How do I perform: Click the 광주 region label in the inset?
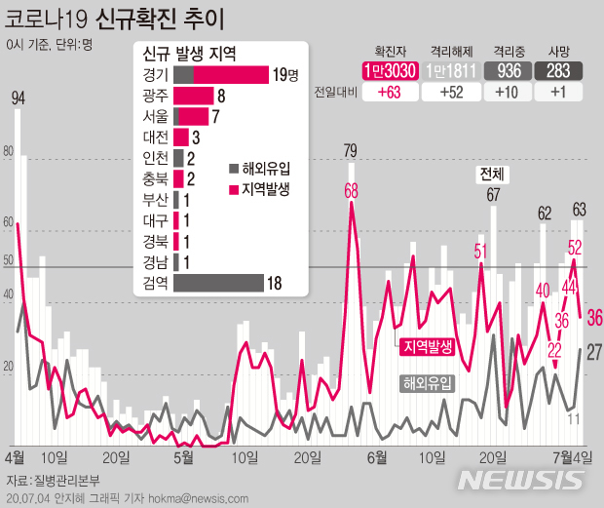point(156,96)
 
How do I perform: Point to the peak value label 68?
point(351,191)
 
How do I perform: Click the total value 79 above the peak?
point(351,150)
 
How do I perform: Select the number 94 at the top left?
point(18,98)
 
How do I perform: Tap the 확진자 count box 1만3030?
point(389,71)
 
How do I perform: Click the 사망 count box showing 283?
point(559,71)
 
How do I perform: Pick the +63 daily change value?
point(389,94)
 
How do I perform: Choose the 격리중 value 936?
point(509,71)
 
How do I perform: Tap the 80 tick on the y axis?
point(10,151)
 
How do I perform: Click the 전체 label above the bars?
point(492,174)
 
